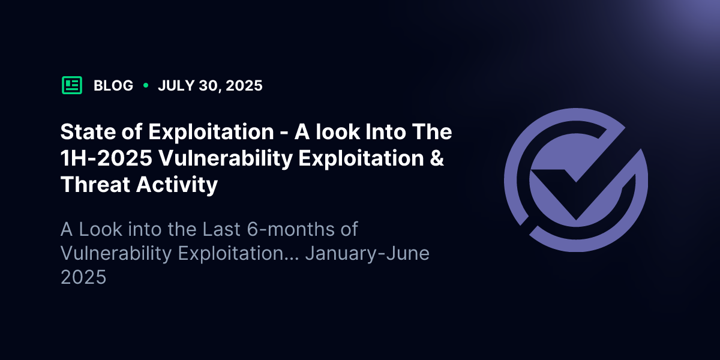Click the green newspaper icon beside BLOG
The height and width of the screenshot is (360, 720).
72,85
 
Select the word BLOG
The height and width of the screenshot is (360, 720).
113,85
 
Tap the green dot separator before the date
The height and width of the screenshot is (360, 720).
146,85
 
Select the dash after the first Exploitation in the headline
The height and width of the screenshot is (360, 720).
284,133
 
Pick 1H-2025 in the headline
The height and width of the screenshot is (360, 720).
106,158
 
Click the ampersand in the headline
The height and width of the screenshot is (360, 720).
437,158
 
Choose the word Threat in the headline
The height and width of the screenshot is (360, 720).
95,185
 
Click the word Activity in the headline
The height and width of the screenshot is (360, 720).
177,185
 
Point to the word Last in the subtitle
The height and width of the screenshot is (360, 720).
221,229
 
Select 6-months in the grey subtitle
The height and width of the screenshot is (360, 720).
291,229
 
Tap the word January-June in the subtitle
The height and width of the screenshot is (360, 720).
367,254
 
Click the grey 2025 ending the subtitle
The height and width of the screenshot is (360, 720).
83,277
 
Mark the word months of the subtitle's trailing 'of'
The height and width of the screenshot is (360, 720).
349,229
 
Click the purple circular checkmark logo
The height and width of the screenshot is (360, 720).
576,180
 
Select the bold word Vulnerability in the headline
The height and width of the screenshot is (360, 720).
226,159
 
